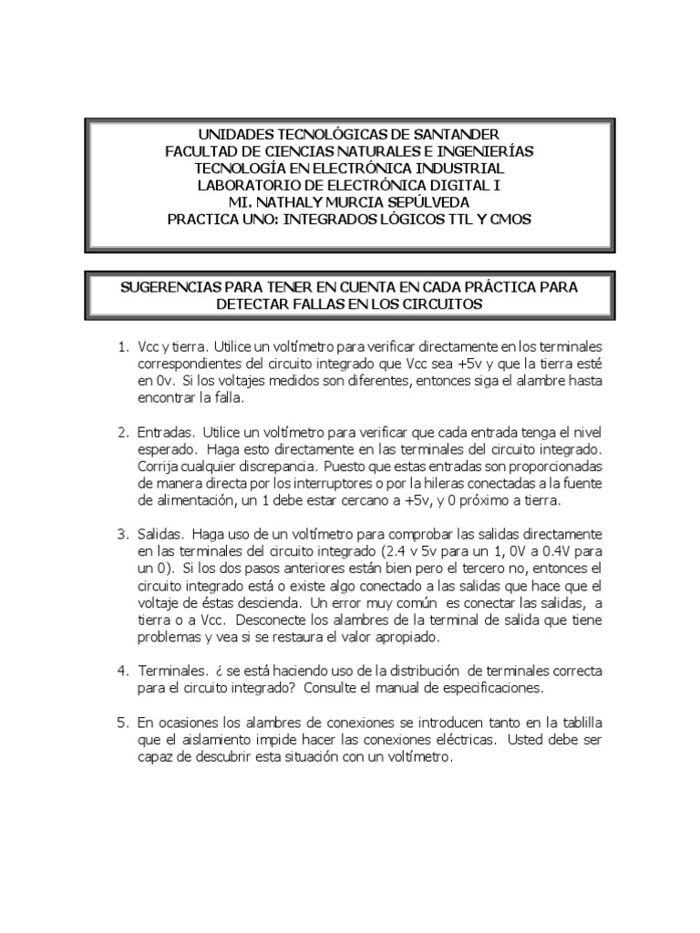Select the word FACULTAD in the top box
(202, 151)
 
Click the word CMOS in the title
(509, 220)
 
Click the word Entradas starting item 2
(166, 431)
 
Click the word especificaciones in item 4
(492, 689)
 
